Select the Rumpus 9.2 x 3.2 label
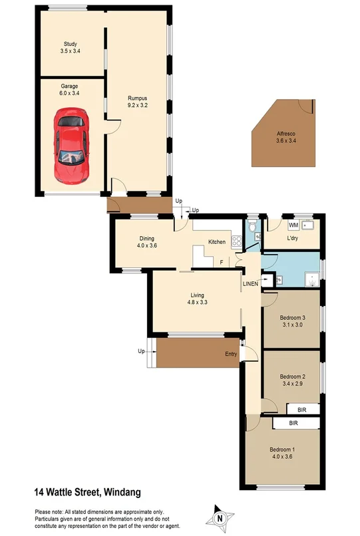click(x=138, y=102)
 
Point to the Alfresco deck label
click(x=286, y=137)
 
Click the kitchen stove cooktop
click(x=236, y=241)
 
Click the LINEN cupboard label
click(x=250, y=284)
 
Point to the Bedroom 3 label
click(x=293, y=321)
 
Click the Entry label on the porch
click(x=231, y=354)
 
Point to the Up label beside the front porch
click(x=141, y=350)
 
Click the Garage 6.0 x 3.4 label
click(x=70, y=90)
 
